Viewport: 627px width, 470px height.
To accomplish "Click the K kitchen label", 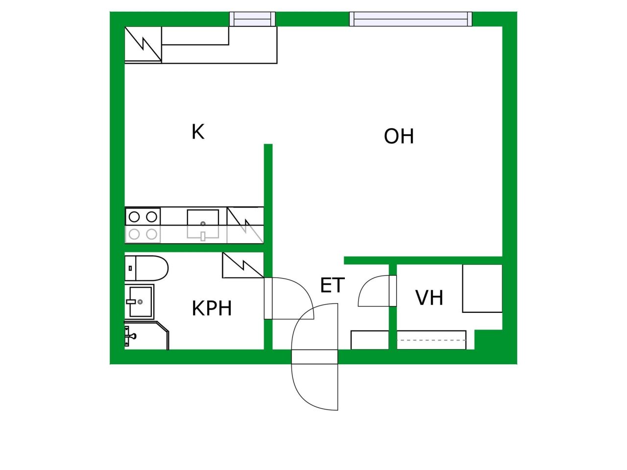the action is [x=198, y=132].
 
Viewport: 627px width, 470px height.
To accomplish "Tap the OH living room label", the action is [x=399, y=136].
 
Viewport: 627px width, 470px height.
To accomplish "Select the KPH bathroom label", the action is [x=212, y=308].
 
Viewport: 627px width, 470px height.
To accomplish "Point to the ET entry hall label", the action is [x=333, y=285].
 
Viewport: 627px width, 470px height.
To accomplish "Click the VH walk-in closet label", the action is [x=429, y=298].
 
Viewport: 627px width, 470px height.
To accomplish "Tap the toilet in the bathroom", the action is [x=146, y=268].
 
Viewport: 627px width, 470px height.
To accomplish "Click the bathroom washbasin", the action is [x=140, y=302].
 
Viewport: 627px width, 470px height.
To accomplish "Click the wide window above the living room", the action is [x=411, y=19].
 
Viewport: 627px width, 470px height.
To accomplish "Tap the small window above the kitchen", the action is [x=252, y=19].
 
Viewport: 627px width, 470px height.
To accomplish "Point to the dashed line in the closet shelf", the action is [x=432, y=340].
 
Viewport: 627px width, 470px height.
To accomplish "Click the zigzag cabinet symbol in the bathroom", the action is [x=243, y=265].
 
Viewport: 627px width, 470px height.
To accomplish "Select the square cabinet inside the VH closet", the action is [x=482, y=288].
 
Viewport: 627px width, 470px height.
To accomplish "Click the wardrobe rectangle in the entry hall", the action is [x=370, y=340].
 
